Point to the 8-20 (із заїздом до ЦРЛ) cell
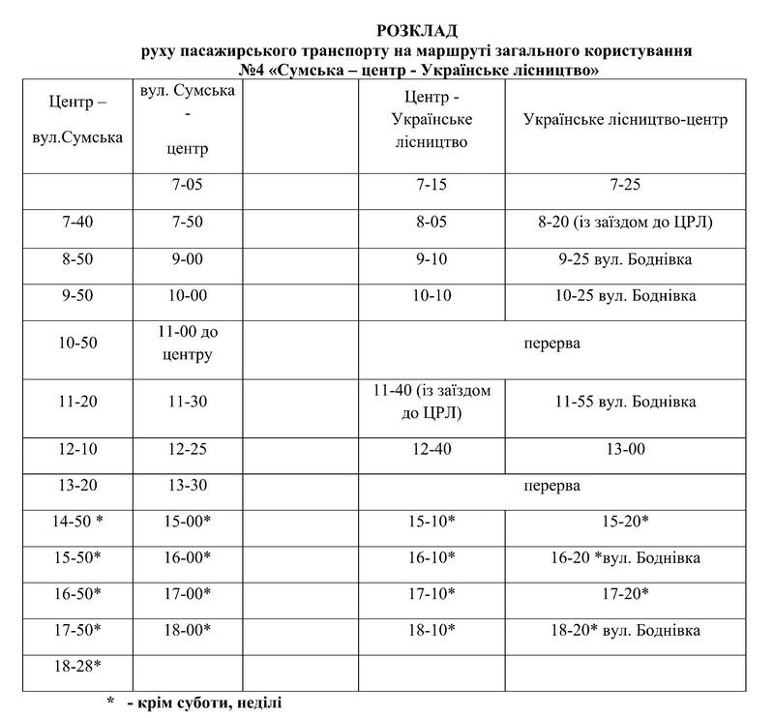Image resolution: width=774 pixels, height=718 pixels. tap(625, 223)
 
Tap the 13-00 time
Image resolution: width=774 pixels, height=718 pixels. tap(625, 449)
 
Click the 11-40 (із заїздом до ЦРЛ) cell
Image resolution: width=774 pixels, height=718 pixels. tap(432, 401)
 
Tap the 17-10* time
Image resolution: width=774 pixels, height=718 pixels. tap(432, 594)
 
